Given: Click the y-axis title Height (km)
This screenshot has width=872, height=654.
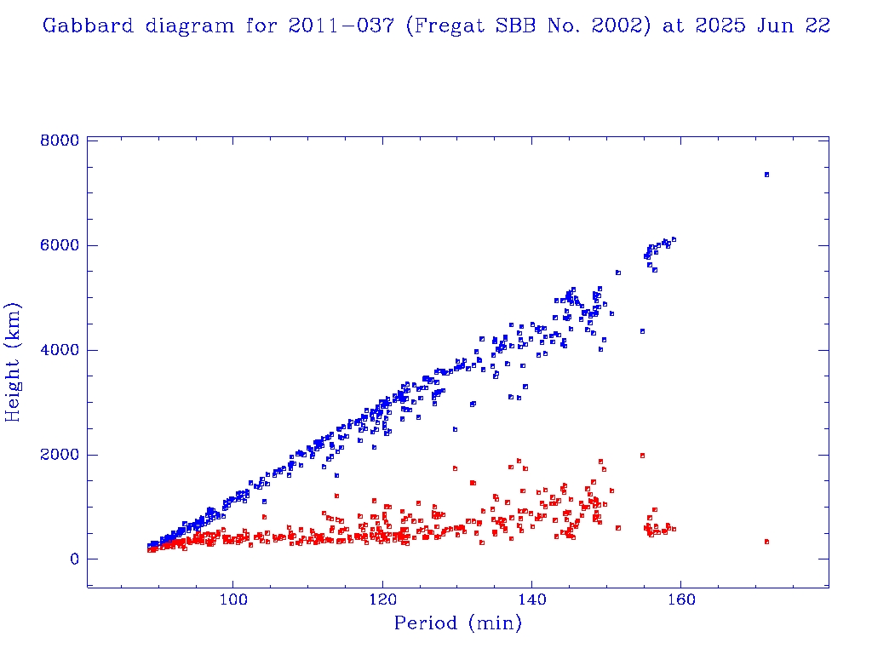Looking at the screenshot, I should point(14,362).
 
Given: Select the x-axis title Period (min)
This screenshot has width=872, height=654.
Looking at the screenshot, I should point(457,623).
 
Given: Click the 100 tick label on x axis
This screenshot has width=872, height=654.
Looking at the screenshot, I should point(233,599).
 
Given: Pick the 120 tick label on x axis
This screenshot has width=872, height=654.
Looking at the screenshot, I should point(382,599).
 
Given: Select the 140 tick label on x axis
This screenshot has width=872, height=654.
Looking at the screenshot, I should point(531,599).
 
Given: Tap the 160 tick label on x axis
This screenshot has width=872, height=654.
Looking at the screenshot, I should point(680,599).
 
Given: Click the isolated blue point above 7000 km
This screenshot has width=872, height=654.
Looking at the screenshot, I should point(766,175).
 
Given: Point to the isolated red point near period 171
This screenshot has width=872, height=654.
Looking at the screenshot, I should point(766,542).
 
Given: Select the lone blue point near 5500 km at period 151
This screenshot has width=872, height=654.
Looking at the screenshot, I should point(617,272).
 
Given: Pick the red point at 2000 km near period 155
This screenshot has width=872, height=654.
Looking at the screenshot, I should point(642,456).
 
